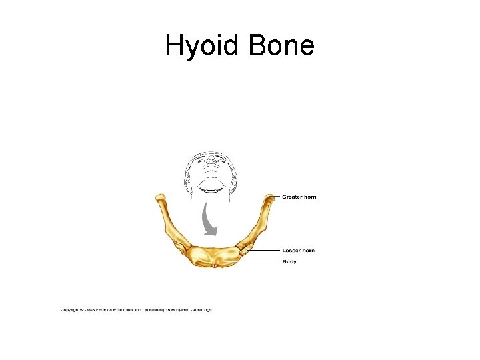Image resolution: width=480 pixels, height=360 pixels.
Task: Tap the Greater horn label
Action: [x=299, y=197]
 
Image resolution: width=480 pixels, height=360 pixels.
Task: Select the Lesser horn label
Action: [x=298, y=251]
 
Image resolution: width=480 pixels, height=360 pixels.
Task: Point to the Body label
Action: [x=289, y=261]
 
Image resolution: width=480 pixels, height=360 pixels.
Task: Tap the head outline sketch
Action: [x=210, y=170]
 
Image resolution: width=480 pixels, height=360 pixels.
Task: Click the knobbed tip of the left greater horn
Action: [x=160, y=199]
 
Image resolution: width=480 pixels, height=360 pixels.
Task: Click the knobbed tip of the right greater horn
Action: [x=269, y=199]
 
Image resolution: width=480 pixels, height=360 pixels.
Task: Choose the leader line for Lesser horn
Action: [x=267, y=251]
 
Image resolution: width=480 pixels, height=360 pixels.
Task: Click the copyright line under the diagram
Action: [x=136, y=310]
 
